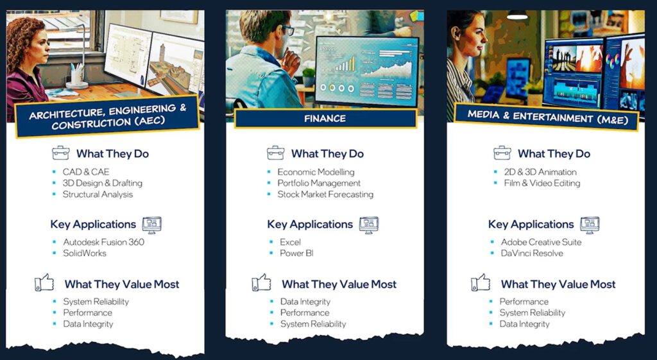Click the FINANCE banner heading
click(325, 119)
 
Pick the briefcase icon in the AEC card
click(61, 153)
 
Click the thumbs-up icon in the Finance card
click(262, 283)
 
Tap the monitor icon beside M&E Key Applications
click(590, 225)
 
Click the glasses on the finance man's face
click(287, 30)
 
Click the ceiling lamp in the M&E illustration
click(518, 15)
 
